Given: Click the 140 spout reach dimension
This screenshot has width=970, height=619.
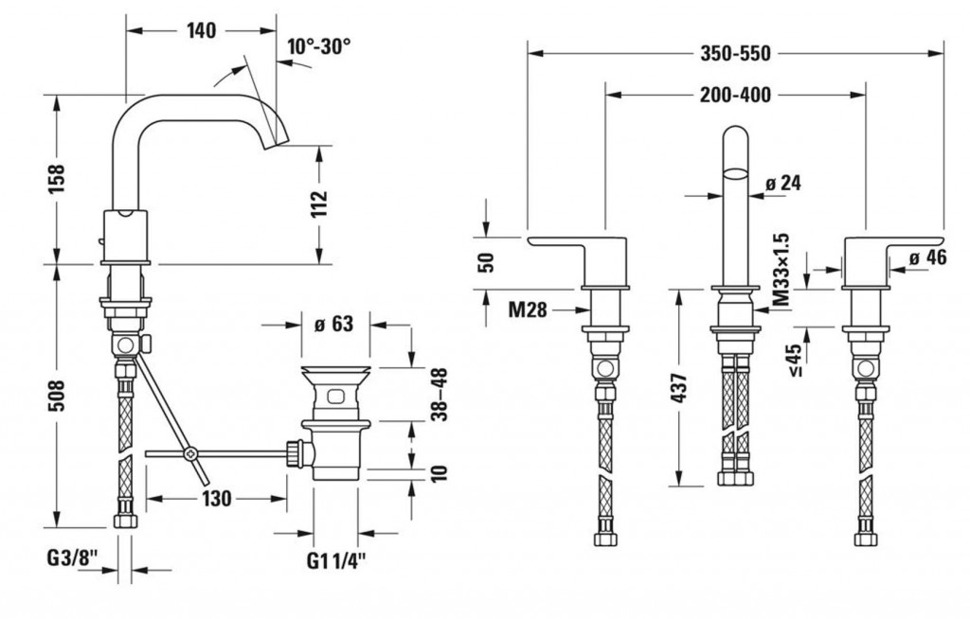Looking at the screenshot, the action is coord(202,30).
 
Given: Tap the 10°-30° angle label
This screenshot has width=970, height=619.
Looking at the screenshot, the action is coord(318,46).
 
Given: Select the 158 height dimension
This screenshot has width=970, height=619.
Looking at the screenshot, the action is coord(56,179).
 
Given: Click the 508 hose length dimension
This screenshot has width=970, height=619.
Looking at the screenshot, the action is coord(56,397).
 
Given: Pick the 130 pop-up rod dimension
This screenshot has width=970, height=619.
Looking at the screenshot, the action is coord(217,499).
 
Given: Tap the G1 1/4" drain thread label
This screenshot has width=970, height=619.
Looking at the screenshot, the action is coord(336,561).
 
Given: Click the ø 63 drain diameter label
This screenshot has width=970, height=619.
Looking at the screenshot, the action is coord(334,323).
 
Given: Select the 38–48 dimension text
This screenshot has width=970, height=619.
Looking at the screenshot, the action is coord(440,395).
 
